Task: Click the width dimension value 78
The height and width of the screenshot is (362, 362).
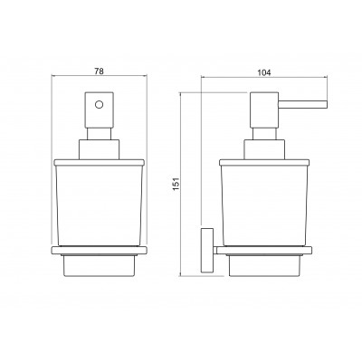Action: (100, 71)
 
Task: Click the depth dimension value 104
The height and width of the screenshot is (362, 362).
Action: (264, 72)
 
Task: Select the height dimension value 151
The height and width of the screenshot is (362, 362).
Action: (176, 184)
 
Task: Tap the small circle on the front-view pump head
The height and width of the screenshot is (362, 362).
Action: (99, 105)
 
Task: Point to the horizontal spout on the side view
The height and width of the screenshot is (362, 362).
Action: (302, 104)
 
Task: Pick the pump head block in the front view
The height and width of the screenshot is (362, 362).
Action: (100, 110)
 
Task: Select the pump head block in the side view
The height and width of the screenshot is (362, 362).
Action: (264, 110)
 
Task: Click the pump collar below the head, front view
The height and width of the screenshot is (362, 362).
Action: (100, 149)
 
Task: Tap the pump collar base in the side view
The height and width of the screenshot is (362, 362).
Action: (264, 149)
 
